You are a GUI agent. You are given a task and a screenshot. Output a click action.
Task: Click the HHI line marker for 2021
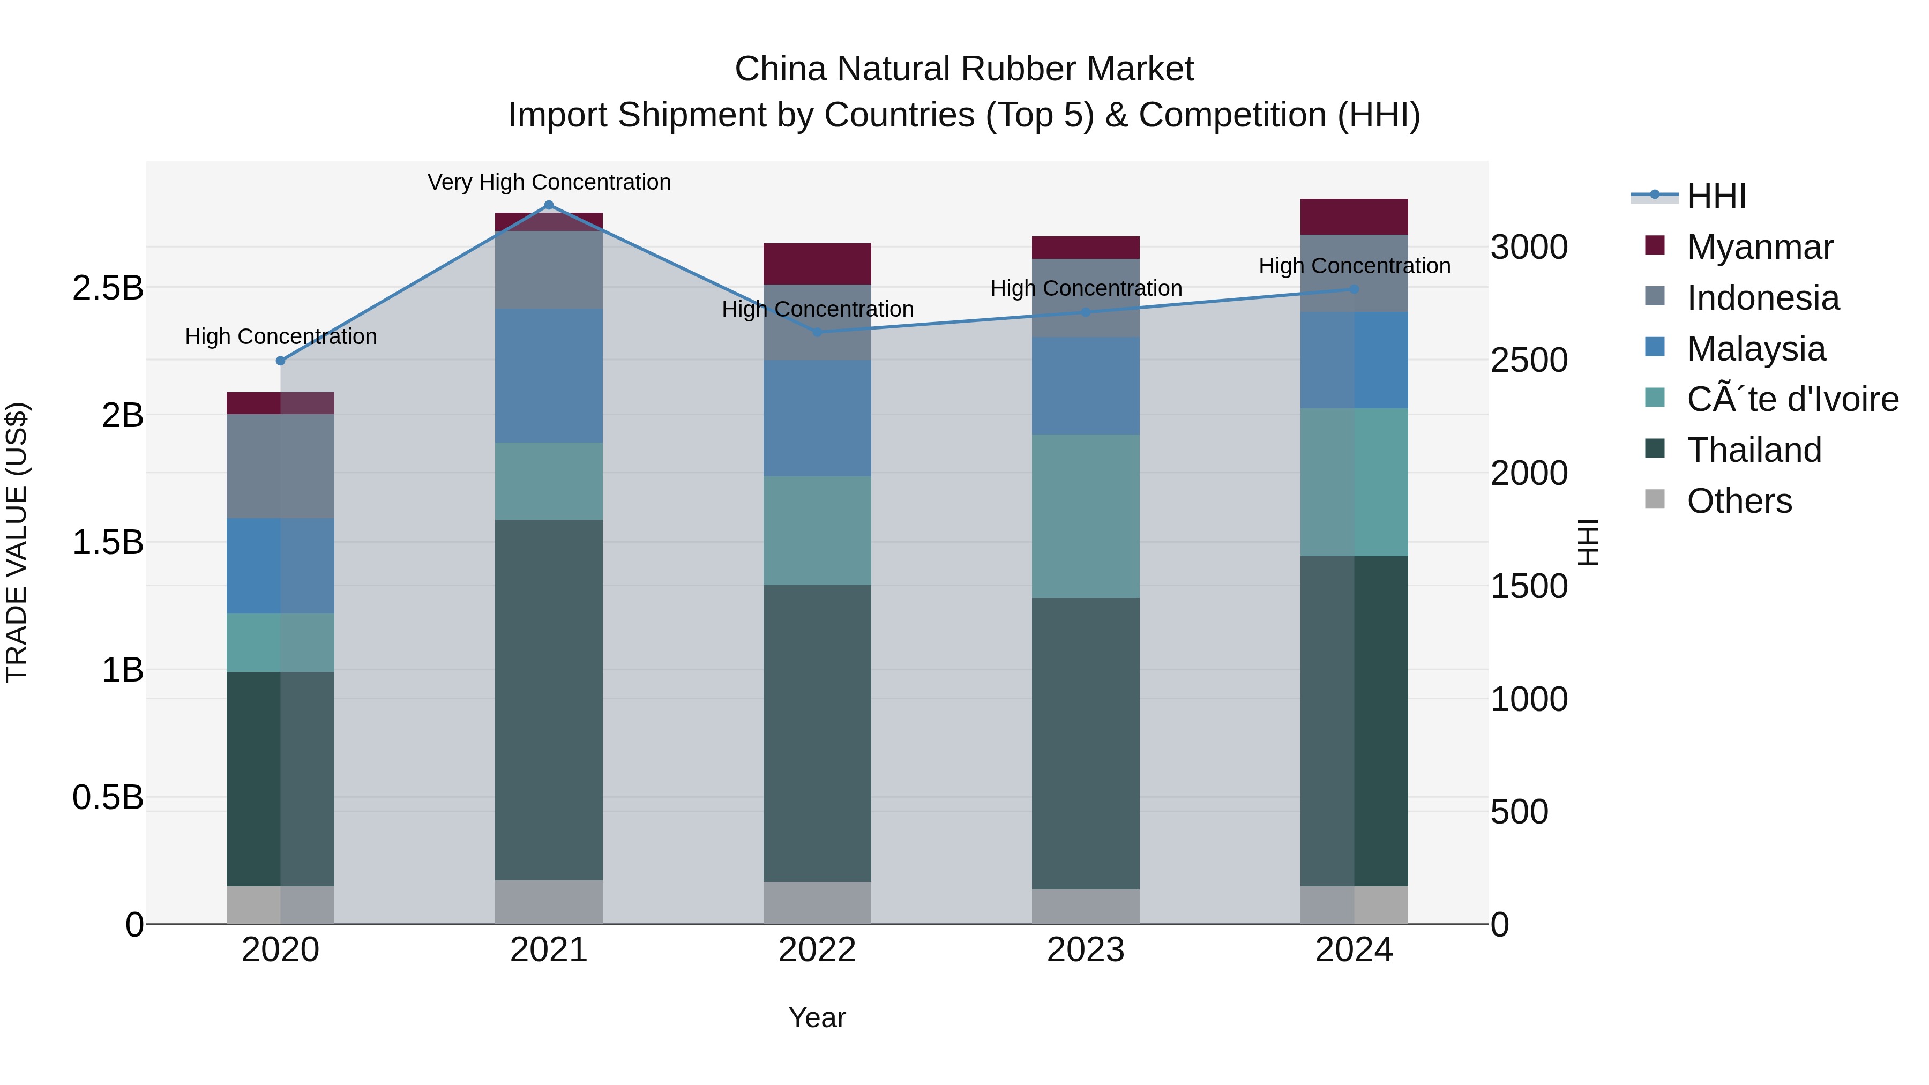[x=548, y=205]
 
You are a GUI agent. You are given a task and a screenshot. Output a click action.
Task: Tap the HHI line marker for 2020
[x=281, y=361]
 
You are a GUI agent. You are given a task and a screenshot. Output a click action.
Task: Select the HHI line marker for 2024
[x=1354, y=289]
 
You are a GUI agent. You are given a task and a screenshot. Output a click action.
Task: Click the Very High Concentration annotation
[x=549, y=182]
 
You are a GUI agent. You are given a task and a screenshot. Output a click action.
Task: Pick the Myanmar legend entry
[x=1759, y=247]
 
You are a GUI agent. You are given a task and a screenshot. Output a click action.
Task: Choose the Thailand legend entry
[x=1753, y=450]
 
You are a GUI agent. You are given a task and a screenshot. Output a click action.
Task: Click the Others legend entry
[x=1739, y=501]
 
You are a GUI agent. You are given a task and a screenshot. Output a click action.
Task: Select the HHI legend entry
[x=1716, y=196]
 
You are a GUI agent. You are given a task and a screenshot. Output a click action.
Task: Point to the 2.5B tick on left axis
[x=108, y=288]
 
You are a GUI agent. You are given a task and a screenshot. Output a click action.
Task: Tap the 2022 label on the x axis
[x=817, y=950]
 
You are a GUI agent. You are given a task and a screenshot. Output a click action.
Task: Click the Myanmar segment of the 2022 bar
[x=817, y=264]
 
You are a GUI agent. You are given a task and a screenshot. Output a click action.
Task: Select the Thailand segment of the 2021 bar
[x=548, y=700]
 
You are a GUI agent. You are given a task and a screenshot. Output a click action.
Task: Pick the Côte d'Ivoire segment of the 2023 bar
[x=1085, y=516]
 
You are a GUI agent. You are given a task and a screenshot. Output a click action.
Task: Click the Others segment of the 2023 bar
[x=1085, y=907]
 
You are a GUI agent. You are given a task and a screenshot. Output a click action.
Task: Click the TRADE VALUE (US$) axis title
[x=17, y=542]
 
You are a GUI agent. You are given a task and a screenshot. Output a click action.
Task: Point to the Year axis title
[x=817, y=1017]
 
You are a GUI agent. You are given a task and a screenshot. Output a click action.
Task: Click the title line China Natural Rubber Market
[x=964, y=69]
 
